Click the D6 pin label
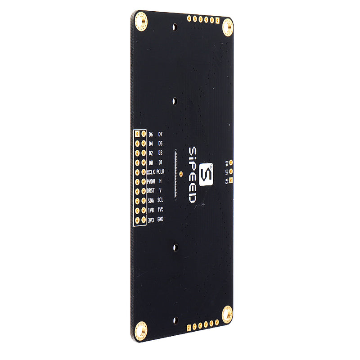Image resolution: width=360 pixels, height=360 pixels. coord(150,135)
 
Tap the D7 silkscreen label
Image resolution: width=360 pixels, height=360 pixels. coord(160,135)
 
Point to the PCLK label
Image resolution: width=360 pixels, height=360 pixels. coord(161,172)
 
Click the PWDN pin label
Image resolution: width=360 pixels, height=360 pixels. coord(151,181)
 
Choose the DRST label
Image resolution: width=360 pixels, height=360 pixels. coord(151,191)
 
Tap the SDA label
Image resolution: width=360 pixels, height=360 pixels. coord(151,200)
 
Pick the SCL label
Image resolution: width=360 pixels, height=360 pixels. coord(160,200)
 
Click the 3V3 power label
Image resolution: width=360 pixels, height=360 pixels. coord(151,220)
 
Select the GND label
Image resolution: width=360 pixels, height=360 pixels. coord(160,219)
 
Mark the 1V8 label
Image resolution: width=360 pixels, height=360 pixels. coord(151,210)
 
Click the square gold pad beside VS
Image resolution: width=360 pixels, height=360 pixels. coord(231,180)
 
